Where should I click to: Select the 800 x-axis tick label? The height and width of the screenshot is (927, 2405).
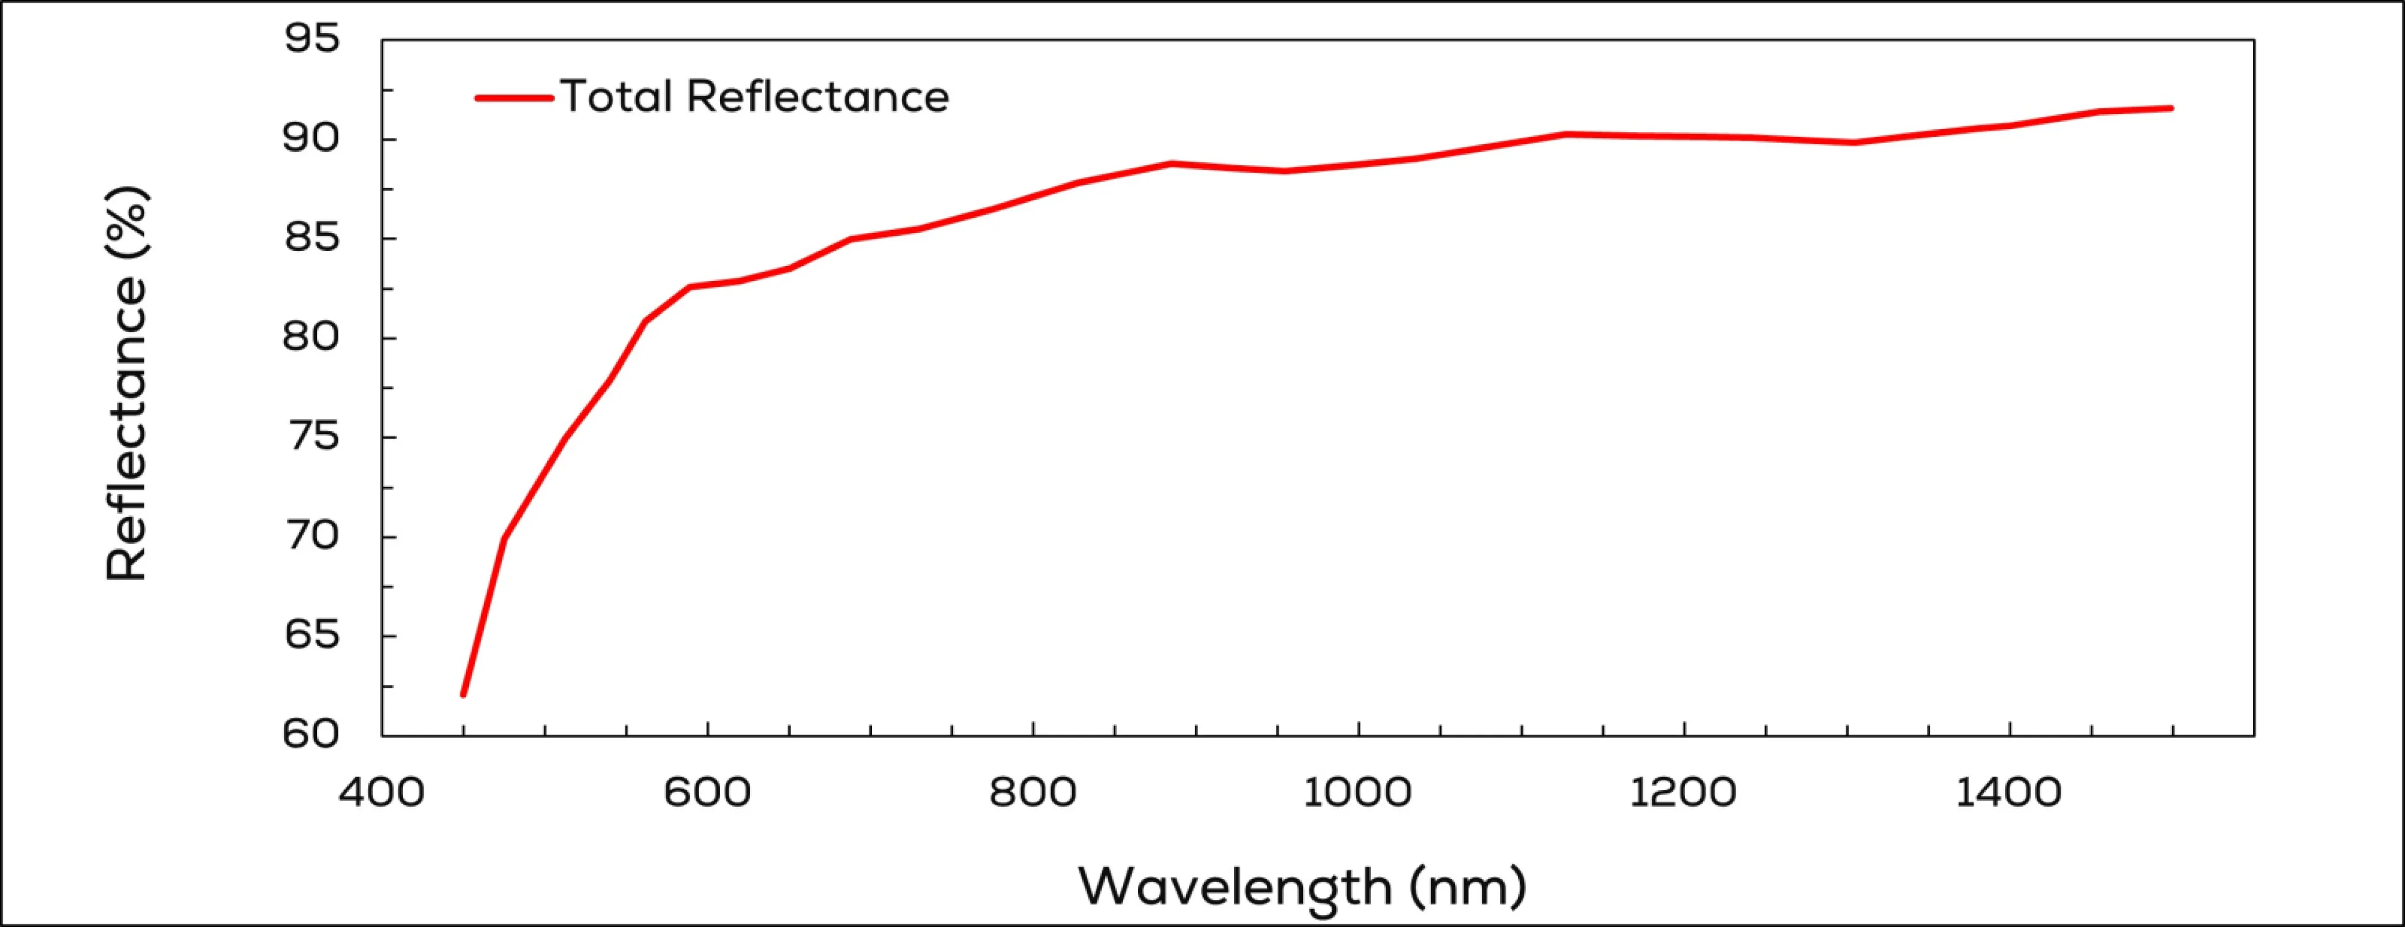1032,793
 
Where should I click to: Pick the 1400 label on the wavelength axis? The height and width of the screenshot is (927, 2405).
2008,793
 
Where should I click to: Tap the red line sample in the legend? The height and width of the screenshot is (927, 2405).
514,97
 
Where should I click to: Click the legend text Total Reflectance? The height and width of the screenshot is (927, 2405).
754,97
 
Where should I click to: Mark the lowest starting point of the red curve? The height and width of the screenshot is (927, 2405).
463,695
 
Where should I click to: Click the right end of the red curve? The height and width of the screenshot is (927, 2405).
2171,108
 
